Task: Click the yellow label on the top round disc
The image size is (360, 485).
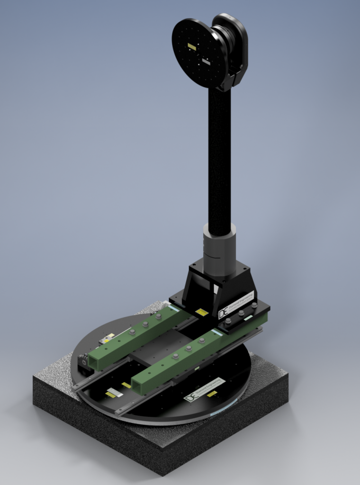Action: click(x=192, y=46)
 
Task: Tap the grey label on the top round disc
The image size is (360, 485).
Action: click(x=206, y=61)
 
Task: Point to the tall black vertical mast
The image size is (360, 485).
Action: click(x=219, y=156)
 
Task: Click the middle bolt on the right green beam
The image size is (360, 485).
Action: click(x=189, y=348)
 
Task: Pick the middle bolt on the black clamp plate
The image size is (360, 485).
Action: click(x=241, y=313)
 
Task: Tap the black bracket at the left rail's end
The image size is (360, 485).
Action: click(x=83, y=363)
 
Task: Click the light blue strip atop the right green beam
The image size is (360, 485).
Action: click(x=217, y=333)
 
